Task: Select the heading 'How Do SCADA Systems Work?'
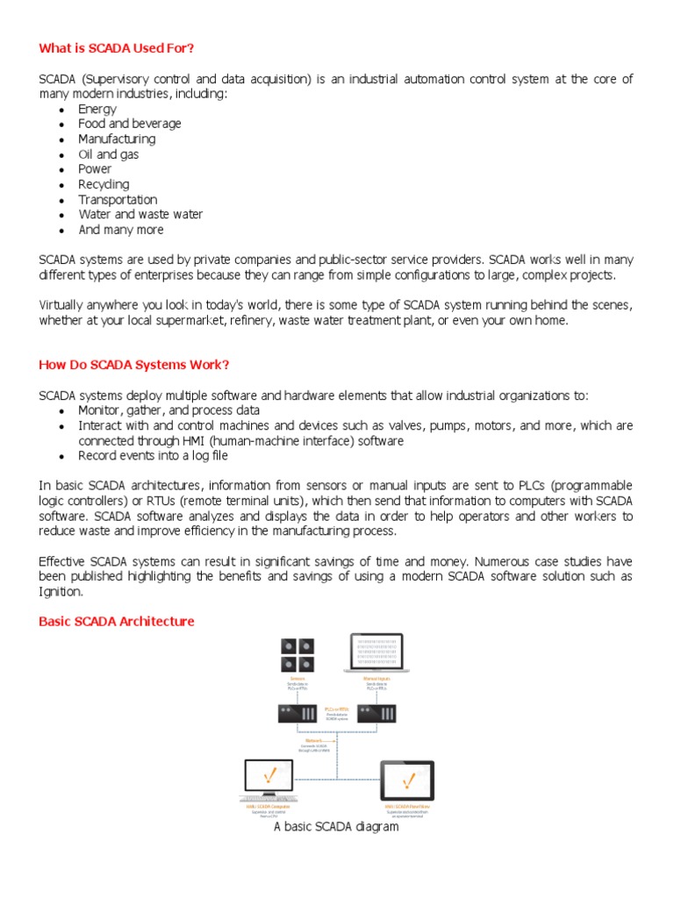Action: [134, 364]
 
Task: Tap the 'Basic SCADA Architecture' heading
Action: [117, 621]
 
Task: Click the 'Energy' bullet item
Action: [97, 109]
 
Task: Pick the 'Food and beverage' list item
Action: [130, 124]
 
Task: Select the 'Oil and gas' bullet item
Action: [109, 154]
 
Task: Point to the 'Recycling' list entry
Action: [104, 184]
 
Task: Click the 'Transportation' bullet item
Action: [118, 199]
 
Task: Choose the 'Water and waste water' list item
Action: [140, 214]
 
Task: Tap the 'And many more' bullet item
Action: [121, 230]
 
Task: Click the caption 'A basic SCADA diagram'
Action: [336, 826]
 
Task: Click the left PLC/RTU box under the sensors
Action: [297, 714]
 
